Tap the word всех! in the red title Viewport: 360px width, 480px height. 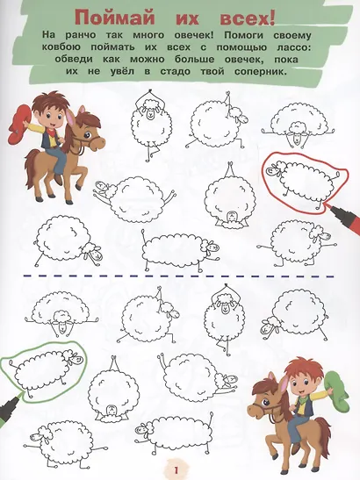(x=248, y=19)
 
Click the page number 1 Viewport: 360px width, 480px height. (x=176, y=469)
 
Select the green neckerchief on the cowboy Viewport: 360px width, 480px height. (x=301, y=396)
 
